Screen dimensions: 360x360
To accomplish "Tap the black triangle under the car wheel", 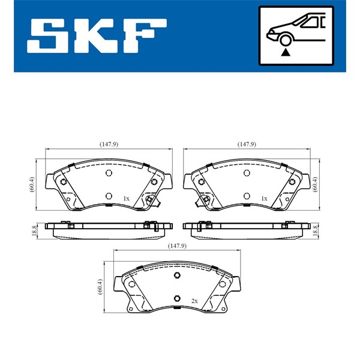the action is coord(286,53).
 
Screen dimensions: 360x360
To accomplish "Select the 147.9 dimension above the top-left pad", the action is coord(109,144).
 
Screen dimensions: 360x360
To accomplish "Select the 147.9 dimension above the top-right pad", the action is coord(247,144).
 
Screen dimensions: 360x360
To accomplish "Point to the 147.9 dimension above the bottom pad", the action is coord(177,245).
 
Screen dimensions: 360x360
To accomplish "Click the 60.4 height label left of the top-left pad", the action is coord(32,184).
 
